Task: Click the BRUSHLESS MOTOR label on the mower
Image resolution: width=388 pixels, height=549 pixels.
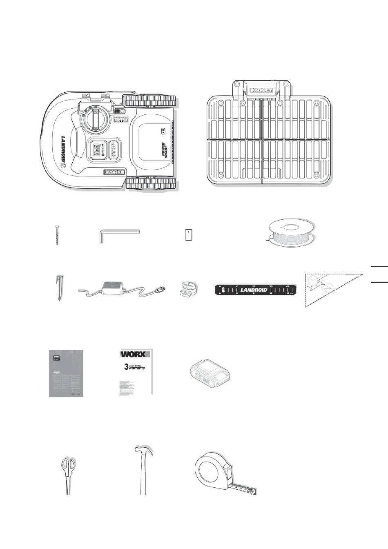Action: click(121, 119)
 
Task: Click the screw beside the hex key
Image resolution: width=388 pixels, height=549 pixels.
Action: click(57, 235)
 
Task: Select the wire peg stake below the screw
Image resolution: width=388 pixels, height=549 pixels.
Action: click(59, 288)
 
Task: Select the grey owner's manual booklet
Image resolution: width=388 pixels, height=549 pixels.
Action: click(66, 373)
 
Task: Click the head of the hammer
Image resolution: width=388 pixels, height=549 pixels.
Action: click(143, 451)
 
